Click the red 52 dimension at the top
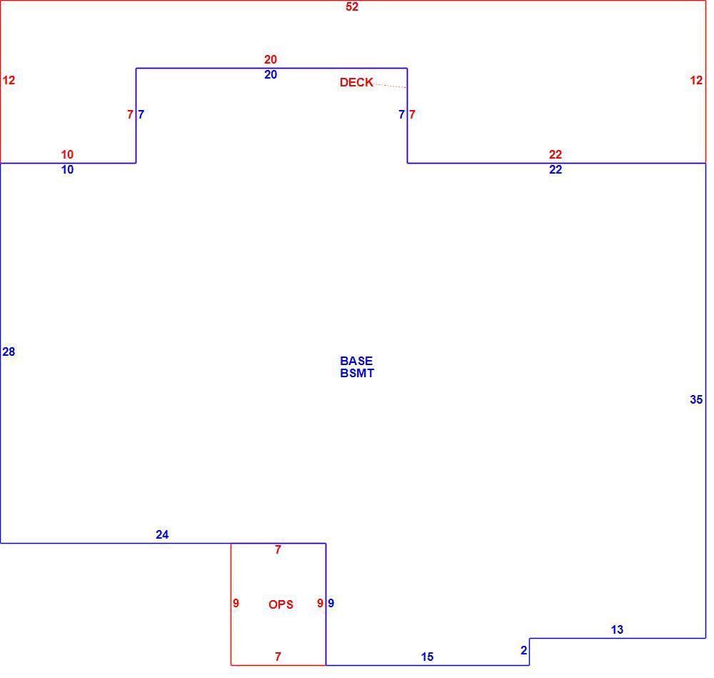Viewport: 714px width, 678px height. tap(352, 7)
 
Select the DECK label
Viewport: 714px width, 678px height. tap(356, 82)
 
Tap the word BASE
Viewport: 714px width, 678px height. tap(356, 361)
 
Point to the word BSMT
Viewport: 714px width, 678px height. tap(357, 373)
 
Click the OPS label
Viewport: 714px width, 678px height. tap(281, 604)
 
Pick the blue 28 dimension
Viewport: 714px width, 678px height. tap(9, 352)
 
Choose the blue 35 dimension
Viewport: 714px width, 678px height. tap(696, 399)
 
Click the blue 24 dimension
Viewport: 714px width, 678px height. tap(162, 534)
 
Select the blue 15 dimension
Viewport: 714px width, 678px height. tap(427, 657)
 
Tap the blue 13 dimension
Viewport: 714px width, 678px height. tap(617, 629)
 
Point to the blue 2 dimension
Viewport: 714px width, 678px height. tap(523, 650)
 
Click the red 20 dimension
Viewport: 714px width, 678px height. tap(271, 59)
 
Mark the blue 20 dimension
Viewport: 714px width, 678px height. tap(271, 74)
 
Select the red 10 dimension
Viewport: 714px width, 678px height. tap(67, 154)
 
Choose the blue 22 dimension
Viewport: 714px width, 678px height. tap(555, 169)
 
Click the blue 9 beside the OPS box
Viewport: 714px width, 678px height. tap(331, 603)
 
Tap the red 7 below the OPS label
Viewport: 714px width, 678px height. tap(278, 657)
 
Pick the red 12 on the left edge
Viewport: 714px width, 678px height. tap(9, 80)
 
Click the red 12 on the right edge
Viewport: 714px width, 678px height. tap(696, 80)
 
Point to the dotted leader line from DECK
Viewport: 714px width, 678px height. tap(390, 85)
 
